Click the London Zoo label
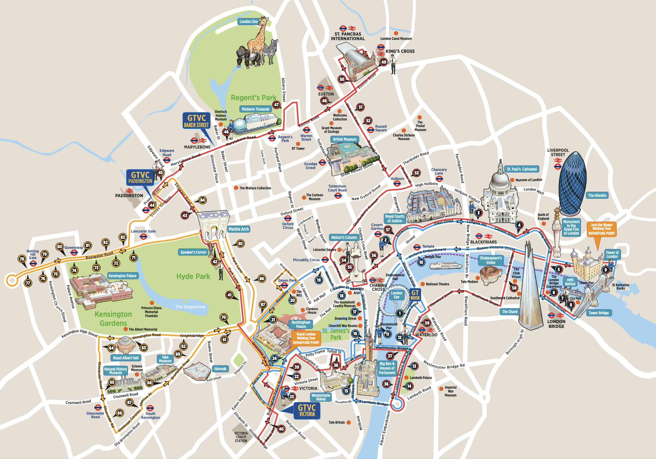coord(248,21)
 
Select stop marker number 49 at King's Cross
coord(384,62)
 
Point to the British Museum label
coord(345,139)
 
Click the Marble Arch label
coord(239,229)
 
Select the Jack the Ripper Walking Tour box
coord(601,229)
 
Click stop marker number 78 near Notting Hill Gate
coord(22,259)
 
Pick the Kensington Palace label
coord(123,276)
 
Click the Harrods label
coord(220,369)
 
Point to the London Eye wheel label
coord(396,295)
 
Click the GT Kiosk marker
coord(415,294)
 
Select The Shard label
coord(510,312)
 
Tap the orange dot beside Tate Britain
coord(349,422)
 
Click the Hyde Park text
coord(193,277)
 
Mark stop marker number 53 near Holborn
coord(417,173)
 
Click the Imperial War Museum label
coord(451,391)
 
